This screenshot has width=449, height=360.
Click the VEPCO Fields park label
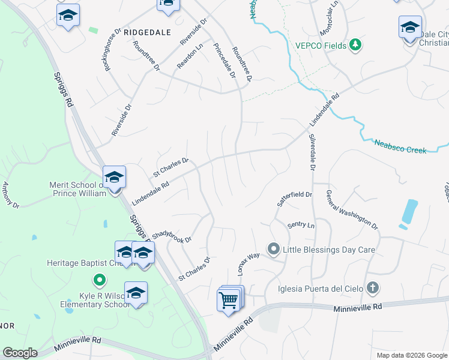322,45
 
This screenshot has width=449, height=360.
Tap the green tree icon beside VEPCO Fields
355,44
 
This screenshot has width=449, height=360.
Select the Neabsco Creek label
400,146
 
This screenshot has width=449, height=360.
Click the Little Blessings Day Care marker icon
274,248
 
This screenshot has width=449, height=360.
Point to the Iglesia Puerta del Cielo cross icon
372,287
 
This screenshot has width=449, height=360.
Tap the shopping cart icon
229,299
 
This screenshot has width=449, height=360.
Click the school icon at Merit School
113,178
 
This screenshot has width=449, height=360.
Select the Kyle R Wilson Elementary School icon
136,293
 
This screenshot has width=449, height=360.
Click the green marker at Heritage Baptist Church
99,279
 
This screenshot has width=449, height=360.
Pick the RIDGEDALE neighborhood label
147,32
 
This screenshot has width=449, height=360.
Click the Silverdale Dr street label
312,152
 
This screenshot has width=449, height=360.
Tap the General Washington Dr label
352,210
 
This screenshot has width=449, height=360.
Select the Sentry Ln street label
301,225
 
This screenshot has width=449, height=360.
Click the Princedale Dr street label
223,62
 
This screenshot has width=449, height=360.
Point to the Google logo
20,353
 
